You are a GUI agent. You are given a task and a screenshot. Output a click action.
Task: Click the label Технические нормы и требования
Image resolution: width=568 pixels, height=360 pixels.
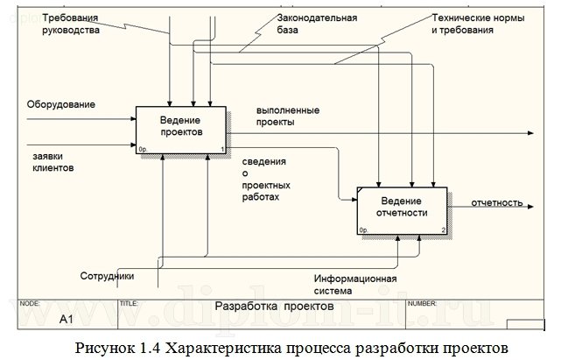click(463, 24)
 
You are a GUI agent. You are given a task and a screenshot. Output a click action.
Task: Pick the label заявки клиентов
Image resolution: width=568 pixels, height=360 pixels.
click(52, 160)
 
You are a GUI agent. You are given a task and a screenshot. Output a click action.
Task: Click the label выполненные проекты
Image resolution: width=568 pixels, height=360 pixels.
click(287, 116)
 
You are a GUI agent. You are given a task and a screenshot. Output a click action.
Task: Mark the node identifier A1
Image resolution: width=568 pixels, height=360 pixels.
click(66, 320)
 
